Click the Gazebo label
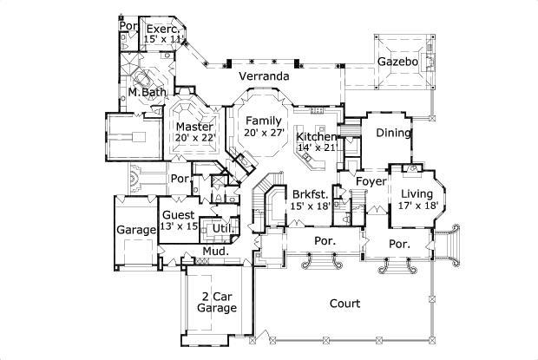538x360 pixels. click(x=398, y=62)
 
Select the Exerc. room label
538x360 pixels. click(x=162, y=29)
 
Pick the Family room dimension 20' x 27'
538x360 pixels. click(x=264, y=133)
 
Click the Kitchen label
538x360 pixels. click(x=316, y=137)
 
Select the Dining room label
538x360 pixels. click(x=392, y=132)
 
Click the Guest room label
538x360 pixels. click(x=179, y=215)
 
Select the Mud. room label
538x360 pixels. click(x=214, y=252)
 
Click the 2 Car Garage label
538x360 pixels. click(x=216, y=302)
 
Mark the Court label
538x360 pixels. click(x=345, y=303)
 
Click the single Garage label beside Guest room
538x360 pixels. click(x=135, y=231)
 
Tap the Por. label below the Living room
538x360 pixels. click(x=399, y=245)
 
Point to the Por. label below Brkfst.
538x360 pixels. click(x=325, y=240)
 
